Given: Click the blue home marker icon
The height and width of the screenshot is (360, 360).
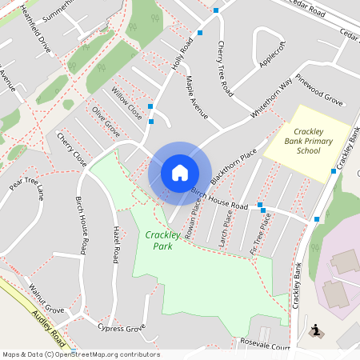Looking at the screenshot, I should pyautogui.click(x=180, y=172).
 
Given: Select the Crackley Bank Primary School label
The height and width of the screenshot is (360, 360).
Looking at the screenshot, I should pyautogui.click(x=308, y=141).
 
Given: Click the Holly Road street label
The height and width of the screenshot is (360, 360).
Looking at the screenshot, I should pyautogui.click(x=183, y=54).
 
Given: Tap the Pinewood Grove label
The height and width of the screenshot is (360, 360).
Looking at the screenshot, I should pyautogui.click(x=319, y=90).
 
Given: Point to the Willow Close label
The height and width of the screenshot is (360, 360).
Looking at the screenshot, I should pyautogui.click(x=127, y=104).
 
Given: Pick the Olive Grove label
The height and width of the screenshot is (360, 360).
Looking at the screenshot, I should pyautogui.click(x=106, y=121).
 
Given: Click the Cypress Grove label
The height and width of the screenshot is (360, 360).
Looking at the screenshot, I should pyautogui.click(x=121, y=328).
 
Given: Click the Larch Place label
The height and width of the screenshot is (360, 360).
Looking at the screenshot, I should pyautogui.click(x=226, y=227).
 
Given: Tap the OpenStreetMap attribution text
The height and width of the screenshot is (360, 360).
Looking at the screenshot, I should pyautogui.click(x=81, y=354).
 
